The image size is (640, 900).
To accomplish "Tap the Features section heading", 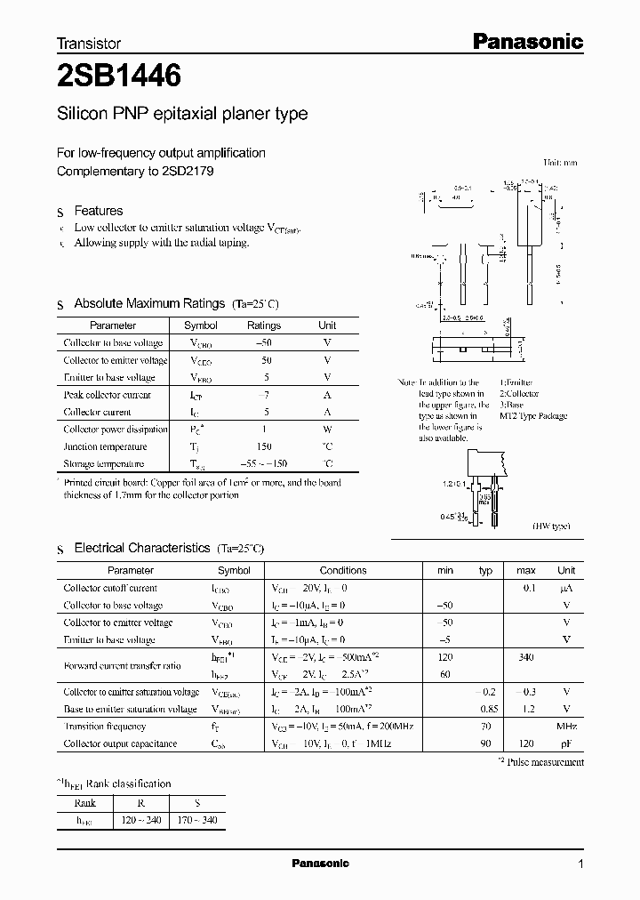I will point(98,211).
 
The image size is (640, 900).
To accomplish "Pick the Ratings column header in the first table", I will point(263,325).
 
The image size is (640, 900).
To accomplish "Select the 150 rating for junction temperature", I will point(263,446).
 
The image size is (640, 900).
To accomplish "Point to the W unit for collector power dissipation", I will point(327,430).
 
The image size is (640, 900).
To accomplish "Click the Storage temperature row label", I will point(103,464).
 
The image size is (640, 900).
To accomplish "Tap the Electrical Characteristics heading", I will point(141,549).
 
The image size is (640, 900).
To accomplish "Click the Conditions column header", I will point(343,570).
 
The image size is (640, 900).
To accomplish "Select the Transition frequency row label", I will point(105,726).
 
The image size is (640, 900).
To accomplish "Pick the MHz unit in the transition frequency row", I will point(566,726).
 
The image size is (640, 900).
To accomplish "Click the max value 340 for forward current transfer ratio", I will point(526,657).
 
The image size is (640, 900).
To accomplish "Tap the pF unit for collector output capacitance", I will point(566,743).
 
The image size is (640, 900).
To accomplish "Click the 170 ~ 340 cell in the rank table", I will point(196,821).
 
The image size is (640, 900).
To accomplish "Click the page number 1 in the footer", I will point(580,864).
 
